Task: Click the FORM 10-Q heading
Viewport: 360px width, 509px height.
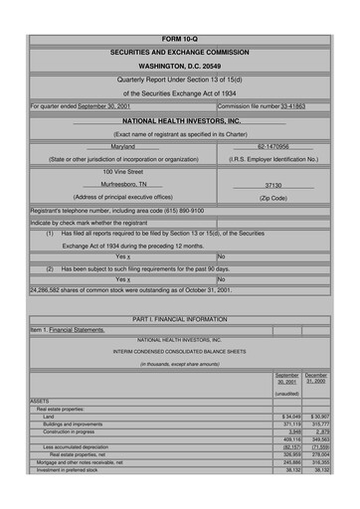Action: [x=179, y=38]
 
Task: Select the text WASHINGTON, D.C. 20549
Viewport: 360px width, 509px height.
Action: [x=179, y=66]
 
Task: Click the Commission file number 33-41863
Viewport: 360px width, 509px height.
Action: [x=293, y=103]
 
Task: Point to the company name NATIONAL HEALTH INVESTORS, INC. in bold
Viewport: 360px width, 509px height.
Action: [x=179, y=120]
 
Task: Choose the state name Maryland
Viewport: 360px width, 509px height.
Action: [x=122, y=146]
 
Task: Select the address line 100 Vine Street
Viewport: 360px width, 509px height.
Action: [x=122, y=171]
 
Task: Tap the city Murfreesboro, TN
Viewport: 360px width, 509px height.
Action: [x=123, y=185]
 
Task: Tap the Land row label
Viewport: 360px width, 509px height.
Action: [x=49, y=415]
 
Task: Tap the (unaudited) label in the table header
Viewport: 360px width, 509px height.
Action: [x=286, y=394]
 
